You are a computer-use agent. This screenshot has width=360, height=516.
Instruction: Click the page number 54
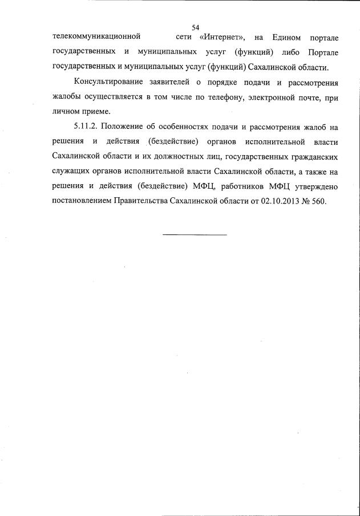[x=195, y=27]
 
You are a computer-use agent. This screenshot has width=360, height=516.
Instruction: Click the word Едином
[x=284, y=38]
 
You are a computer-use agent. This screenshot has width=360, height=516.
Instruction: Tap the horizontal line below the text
[x=195, y=234]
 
